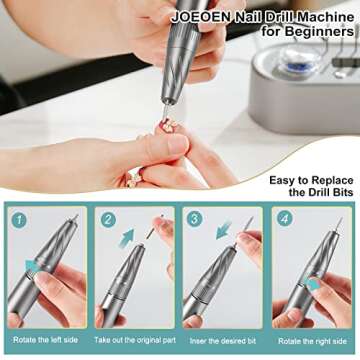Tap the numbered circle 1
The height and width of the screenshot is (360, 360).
[x=20, y=217]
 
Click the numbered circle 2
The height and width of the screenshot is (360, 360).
[x=107, y=217]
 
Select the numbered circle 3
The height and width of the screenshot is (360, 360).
[x=195, y=217]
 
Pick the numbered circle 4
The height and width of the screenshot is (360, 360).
[x=284, y=217]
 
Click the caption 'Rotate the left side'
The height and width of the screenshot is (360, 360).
[x=46, y=341]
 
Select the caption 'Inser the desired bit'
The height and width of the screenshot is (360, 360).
[x=222, y=341]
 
